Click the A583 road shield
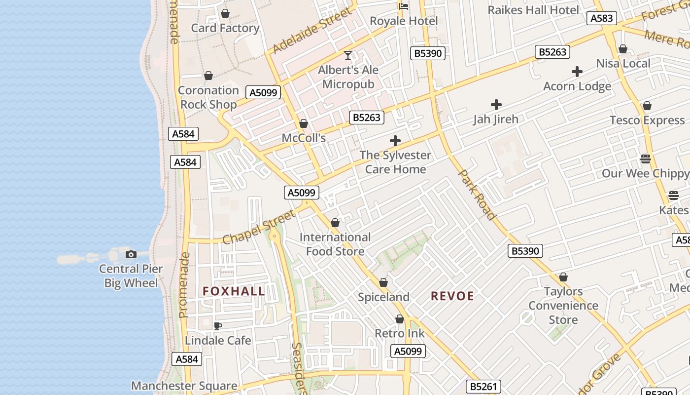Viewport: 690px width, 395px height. point(601,18)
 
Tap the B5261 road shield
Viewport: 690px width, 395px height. point(483,387)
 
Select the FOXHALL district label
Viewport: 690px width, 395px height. point(234,291)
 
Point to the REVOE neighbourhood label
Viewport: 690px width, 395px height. point(452,296)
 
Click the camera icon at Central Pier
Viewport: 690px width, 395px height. point(131,254)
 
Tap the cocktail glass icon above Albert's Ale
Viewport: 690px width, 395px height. point(348,55)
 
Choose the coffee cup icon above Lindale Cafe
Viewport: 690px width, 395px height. point(218,326)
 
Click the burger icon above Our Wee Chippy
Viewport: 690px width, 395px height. point(646,159)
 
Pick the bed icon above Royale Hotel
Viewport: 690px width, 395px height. point(404,6)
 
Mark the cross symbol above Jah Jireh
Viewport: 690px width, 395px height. point(496,105)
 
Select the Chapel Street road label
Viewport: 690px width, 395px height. point(259,227)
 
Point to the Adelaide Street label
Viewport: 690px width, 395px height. point(312,31)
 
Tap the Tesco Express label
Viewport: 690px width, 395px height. point(647,120)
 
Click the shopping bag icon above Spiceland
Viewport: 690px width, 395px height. point(383,282)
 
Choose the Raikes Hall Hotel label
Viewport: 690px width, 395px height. point(533,10)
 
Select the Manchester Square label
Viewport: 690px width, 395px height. point(184,386)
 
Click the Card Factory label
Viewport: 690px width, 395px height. point(225,28)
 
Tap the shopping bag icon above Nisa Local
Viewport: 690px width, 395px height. point(623,49)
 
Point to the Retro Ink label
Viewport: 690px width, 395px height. point(400,333)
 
